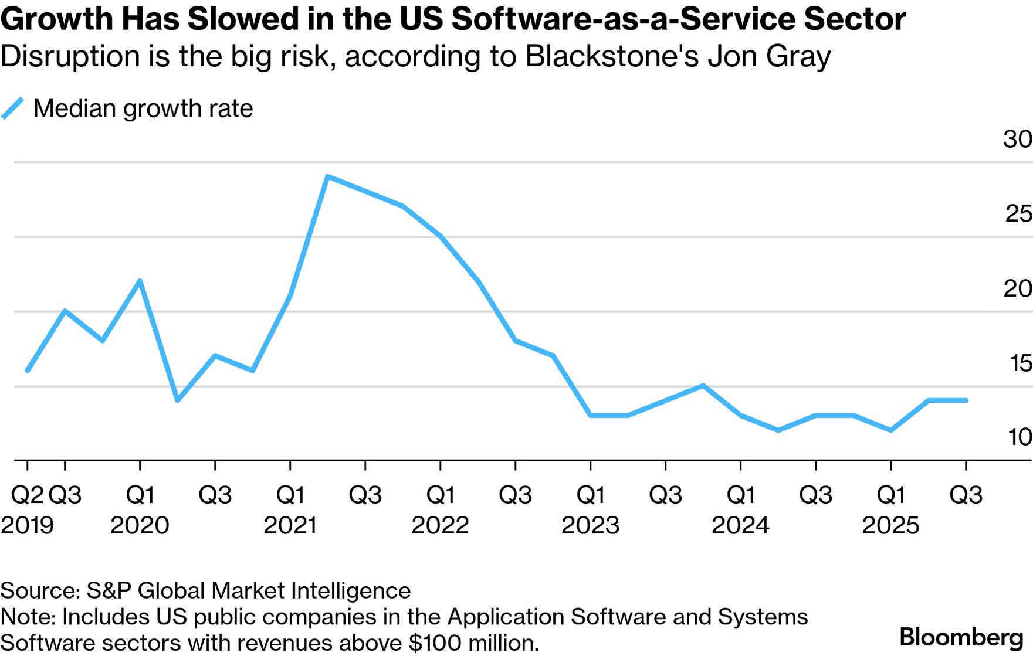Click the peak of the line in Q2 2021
point(327,176)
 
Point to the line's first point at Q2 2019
point(28,371)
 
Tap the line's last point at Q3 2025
point(966,400)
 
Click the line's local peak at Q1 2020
point(140,281)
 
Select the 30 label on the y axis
point(1017,140)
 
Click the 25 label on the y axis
point(1018,214)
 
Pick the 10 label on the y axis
point(1020,437)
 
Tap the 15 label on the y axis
point(1020,363)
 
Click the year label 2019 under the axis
point(27,525)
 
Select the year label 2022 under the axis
point(440,525)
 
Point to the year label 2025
point(890,525)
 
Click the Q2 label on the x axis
point(27,495)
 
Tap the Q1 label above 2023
point(590,495)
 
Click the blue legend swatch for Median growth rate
point(12,108)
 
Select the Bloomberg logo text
point(961,637)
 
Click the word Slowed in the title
point(240,19)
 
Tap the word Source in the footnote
point(39,591)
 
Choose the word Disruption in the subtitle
point(70,57)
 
